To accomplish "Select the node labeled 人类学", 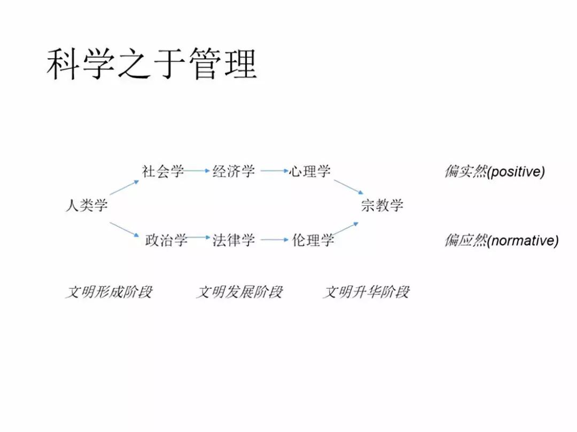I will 87,205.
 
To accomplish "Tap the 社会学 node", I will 163,171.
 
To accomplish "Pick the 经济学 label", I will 234,171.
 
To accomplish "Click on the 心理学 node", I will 310,171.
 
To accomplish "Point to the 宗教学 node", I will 383,205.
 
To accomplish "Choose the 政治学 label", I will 166,240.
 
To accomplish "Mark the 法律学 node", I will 234,240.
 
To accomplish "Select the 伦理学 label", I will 313,240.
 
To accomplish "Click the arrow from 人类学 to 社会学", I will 124,187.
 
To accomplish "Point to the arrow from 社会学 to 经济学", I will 197,171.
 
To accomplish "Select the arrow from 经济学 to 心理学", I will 275,171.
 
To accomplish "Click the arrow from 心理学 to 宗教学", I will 349,186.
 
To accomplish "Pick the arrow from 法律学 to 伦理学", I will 275,240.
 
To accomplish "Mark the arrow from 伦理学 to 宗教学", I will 347,229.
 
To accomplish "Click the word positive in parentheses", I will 516,172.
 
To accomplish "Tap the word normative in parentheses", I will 523,241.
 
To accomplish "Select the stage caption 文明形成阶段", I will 109,292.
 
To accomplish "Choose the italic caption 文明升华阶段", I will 367,292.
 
